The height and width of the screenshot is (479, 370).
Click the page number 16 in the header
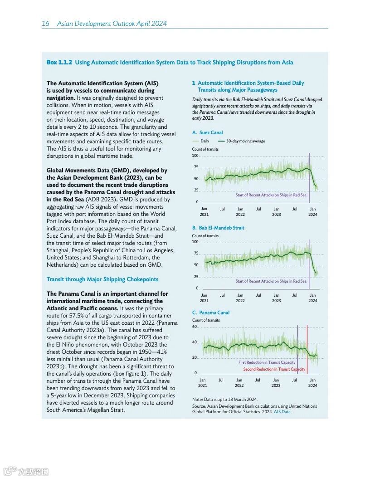click(x=45, y=24)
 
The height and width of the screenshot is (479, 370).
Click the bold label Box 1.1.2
click(x=59, y=63)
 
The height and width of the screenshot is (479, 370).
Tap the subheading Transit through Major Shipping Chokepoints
click(x=102, y=279)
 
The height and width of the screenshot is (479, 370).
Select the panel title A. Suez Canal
click(x=207, y=133)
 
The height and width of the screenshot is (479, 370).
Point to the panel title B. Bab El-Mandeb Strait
click(x=218, y=228)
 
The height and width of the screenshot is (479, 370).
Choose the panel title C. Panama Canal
click(x=211, y=313)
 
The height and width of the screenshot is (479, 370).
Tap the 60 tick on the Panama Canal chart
click(x=195, y=327)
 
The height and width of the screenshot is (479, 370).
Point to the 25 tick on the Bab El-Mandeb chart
click(x=196, y=277)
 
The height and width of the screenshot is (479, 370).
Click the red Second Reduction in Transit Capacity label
click(x=274, y=369)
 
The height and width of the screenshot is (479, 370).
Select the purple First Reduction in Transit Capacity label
click(x=267, y=362)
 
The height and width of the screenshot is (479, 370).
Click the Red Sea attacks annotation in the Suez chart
click(x=271, y=195)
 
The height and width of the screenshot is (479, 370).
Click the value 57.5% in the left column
click(x=79, y=315)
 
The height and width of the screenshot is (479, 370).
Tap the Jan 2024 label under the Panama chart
click(x=313, y=382)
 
